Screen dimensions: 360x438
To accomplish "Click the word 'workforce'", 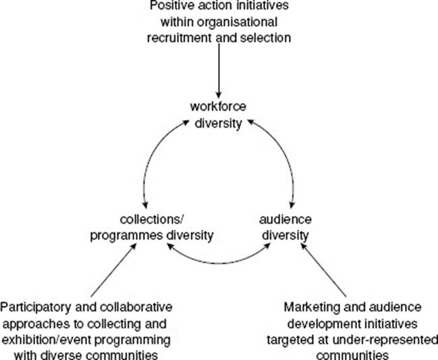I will [219, 107].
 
